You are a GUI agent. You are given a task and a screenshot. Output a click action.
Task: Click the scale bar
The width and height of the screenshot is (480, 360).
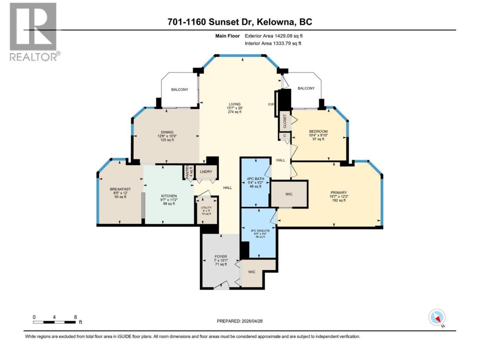[54, 322]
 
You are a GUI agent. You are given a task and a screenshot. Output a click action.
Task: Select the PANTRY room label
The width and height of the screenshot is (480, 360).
[187, 172]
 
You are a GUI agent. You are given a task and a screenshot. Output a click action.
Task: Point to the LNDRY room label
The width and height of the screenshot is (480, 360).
[206, 172]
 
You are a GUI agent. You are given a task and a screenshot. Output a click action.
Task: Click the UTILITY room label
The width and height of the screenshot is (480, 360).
[206, 207]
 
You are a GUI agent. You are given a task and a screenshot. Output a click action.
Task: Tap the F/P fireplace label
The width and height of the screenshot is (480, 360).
[271, 105]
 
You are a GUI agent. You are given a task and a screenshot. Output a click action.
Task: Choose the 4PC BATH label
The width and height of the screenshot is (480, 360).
[255, 178]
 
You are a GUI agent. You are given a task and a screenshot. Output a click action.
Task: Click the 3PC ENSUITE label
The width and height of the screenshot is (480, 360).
[260, 231]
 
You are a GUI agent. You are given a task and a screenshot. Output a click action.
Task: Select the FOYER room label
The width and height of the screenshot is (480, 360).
[220, 256]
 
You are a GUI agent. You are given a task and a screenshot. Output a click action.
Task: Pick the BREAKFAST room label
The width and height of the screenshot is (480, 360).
[120, 189]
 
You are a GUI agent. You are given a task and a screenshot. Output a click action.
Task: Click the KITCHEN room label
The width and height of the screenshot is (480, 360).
[169, 196]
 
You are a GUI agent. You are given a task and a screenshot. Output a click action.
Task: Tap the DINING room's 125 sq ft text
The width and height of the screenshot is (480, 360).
[167, 140]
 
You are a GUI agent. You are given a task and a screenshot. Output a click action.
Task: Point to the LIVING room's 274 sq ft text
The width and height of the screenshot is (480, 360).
[235, 112]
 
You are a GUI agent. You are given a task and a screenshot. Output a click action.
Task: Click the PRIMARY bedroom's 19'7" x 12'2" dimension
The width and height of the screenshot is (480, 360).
[339, 196]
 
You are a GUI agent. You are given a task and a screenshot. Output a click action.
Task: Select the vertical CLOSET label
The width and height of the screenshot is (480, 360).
[285, 121]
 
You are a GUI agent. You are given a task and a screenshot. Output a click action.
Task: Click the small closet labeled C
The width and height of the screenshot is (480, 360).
[285, 136]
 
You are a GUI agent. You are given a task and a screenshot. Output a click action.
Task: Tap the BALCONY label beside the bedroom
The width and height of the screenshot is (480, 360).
[306, 88]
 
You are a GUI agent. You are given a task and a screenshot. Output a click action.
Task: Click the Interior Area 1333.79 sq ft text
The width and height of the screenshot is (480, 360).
[273, 43]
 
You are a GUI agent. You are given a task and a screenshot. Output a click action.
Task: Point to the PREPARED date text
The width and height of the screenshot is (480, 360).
[240, 321]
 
